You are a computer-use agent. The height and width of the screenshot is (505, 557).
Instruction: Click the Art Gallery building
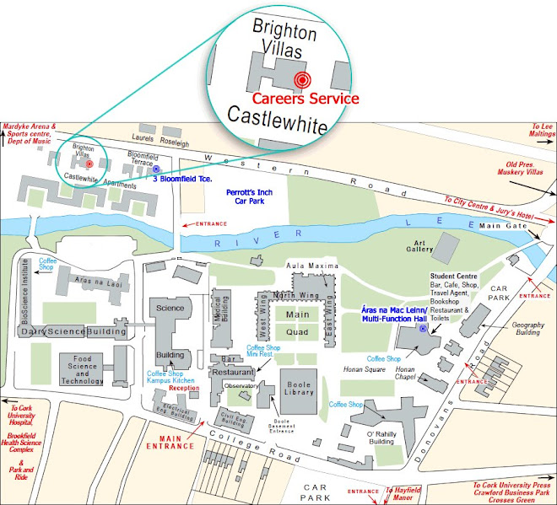pyautogui.click(x=442, y=247)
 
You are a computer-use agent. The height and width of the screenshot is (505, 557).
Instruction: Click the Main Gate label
pyautogui.click(x=502, y=226)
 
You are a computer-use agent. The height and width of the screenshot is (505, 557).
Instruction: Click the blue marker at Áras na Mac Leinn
pyautogui.click(x=422, y=328)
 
